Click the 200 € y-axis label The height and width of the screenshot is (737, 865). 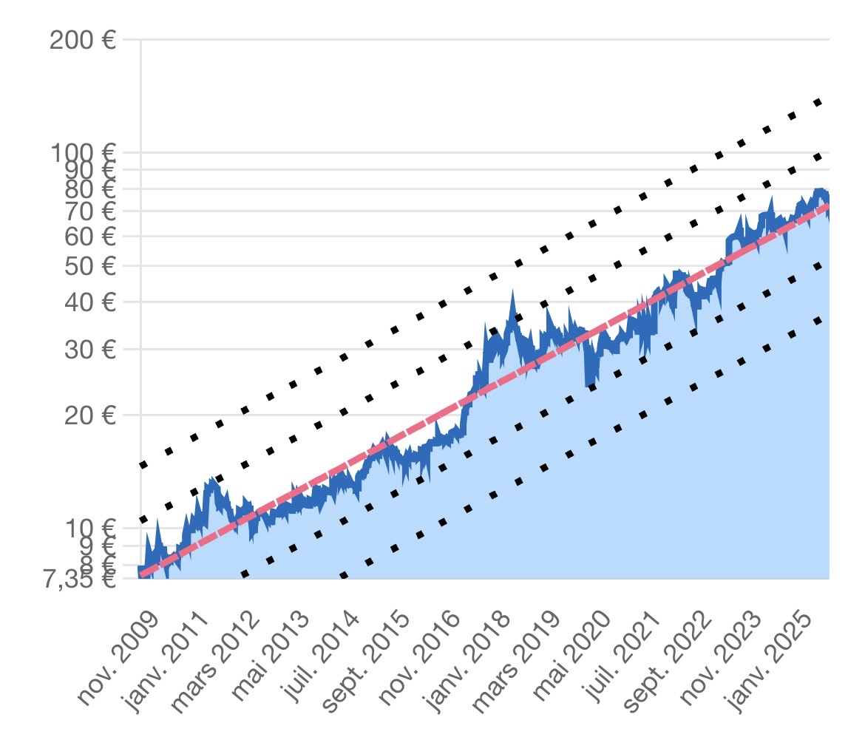pos(83,39)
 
